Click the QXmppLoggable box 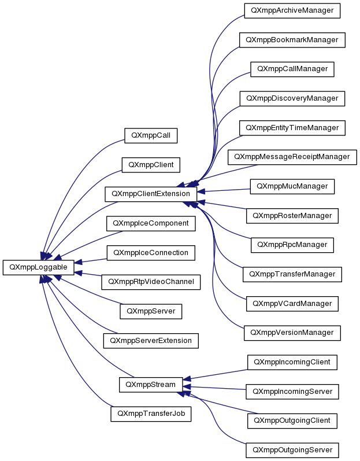(39, 267)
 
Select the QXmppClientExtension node (151, 194)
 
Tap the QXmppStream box (151, 385)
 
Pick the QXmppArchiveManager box (292, 10)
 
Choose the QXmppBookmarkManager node (292, 40)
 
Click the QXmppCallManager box (292, 69)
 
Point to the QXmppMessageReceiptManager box (292, 157)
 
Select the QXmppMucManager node (292, 186)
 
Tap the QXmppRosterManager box (292, 216)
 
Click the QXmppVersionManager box (292, 333)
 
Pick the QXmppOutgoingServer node (292, 450)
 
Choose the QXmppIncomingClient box (292, 362)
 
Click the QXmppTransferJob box (151, 414)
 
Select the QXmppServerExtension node (151, 341)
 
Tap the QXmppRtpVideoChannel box (151, 282)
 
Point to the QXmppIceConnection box (151, 253)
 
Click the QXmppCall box (151, 135)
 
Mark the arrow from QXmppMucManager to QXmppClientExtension (224, 190)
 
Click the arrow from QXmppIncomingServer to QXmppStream (214, 388)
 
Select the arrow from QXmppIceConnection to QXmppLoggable (91, 261)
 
